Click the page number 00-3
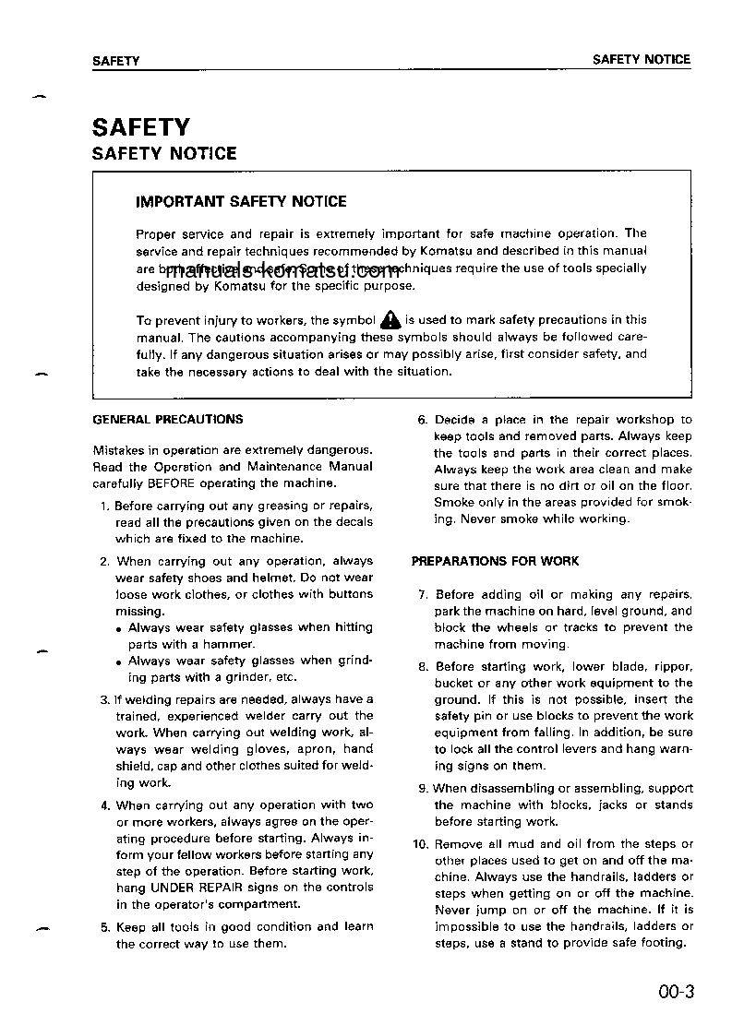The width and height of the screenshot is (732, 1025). click(x=676, y=993)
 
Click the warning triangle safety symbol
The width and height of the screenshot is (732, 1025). click(x=390, y=320)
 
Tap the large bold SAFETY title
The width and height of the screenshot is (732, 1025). click(x=140, y=126)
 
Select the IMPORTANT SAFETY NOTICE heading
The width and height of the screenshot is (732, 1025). click(x=241, y=201)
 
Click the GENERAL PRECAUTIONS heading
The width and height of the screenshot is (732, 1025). click(x=168, y=419)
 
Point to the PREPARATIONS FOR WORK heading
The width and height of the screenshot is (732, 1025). click(x=495, y=561)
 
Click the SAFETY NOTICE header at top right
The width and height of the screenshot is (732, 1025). click(x=641, y=59)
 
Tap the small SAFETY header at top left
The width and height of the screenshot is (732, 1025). click(x=115, y=61)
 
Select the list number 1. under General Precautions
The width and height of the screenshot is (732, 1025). click(x=105, y=506)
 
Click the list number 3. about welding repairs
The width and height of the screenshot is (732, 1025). click(x=105, y=699)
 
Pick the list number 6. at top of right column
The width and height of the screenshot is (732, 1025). click(x=423, y=420)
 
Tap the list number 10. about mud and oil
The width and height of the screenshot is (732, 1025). click(x=420, y=844)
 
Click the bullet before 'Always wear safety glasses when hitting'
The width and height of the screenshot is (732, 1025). click(x=120, y=629)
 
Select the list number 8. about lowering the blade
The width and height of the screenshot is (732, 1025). click(x=423, y=666)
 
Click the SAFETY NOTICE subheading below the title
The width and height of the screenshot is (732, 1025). click(x=164, y=154)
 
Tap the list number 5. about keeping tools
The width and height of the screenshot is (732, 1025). click(x=105, y=927)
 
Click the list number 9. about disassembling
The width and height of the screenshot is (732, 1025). click(x=423, y=789)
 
